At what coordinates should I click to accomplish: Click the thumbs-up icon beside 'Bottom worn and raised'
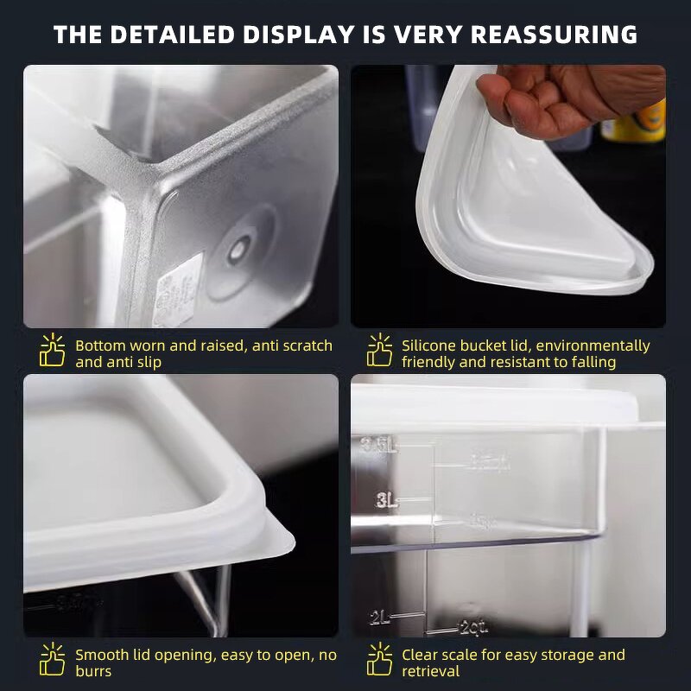53,351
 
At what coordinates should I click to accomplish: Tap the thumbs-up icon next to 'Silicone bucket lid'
379,351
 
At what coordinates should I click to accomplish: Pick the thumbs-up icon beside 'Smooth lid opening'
53,661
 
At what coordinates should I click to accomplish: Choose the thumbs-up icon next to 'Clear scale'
379,661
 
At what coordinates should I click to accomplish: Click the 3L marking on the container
386,500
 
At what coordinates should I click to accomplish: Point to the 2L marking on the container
381,617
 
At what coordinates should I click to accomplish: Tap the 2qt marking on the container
474,626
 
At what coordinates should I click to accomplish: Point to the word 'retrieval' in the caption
432,671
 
